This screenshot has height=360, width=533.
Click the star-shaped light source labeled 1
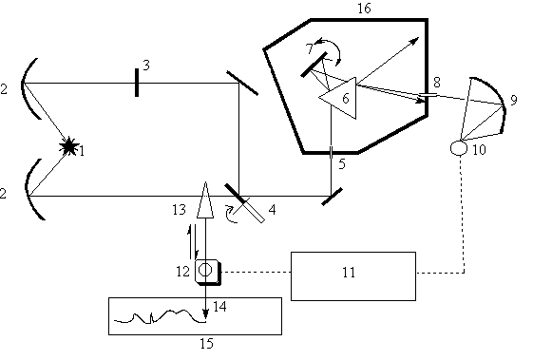(x=69, y=146)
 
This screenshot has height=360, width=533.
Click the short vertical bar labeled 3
(x=137, y=83)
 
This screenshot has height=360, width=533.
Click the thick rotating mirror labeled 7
(x=314, y=65)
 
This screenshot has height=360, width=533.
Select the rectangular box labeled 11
(x=353, y=276)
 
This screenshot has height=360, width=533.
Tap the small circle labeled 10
(x=459, y=148)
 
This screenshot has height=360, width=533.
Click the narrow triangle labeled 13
(x=205, y=199)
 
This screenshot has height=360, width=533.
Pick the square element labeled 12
(x=208, y=272)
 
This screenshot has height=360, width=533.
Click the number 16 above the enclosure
(x=364, y=9)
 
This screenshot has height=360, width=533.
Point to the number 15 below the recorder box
(x=206, y=344)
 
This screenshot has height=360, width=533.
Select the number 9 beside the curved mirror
(x=514, y=100)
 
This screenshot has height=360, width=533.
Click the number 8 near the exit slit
(x=437, y=83)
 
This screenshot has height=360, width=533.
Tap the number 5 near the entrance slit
(x=342, y=164)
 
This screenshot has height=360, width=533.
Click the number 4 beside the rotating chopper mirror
(x=272, y=210)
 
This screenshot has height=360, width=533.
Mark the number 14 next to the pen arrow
(x=219, y=306)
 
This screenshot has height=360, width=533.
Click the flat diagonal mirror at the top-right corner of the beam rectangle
(x=242, y=84)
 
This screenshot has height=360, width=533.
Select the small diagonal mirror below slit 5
(x=333, y=197)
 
